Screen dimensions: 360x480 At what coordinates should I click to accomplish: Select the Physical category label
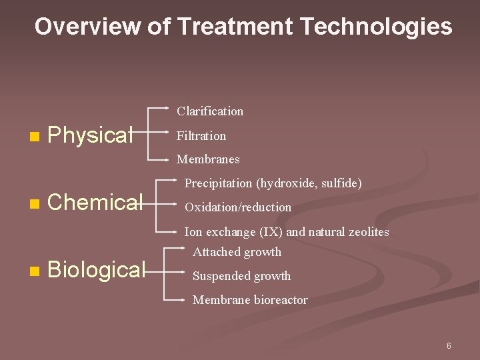point(91,135)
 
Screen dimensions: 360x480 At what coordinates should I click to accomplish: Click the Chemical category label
point(95,201)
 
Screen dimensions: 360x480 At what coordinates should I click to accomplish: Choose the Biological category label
point(96,269)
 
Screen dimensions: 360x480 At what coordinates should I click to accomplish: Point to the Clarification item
point(209,111)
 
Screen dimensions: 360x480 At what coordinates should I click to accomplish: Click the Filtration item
point(201,136)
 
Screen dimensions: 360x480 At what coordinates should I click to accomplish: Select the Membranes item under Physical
point(207,159)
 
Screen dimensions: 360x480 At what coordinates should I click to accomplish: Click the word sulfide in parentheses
point(343,183)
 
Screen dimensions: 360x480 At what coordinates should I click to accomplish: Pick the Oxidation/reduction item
point(237,207)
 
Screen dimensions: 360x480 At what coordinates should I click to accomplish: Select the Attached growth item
point(237,252)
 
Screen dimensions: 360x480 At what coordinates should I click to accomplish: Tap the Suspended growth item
point(241,276)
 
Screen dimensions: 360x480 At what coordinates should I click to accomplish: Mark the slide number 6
point(449,346)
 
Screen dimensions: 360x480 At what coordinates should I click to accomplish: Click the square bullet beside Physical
point(34,137)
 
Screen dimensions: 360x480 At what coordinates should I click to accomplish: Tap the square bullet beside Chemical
point(34,203)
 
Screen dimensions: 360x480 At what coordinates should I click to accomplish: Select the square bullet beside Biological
point(34,271)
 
